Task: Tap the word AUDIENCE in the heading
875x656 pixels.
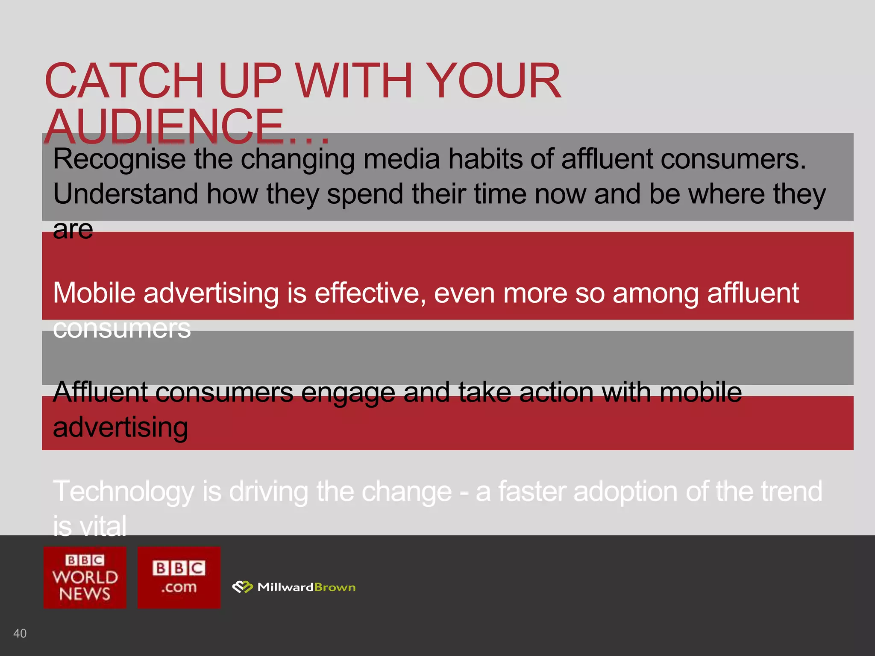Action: tap(164, 126)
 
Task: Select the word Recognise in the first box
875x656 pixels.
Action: tap(119, 160)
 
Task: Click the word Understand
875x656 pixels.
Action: tap(126, 194)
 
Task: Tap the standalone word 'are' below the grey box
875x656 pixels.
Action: tap(73, 230)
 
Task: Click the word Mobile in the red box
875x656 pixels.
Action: tap(94, 293)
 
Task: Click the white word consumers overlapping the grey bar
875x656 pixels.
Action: tap(122, 328)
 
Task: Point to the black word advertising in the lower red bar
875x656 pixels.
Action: tap(120, 428)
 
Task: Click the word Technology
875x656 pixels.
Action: tap(124, 492)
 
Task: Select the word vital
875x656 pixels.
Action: tap(103, 526)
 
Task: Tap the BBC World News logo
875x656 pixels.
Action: tap(85, 577)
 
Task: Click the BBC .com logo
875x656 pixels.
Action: tap(179, 577)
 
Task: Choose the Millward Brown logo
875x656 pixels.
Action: tap(294, 587)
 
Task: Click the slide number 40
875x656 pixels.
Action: tap(20, 633)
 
